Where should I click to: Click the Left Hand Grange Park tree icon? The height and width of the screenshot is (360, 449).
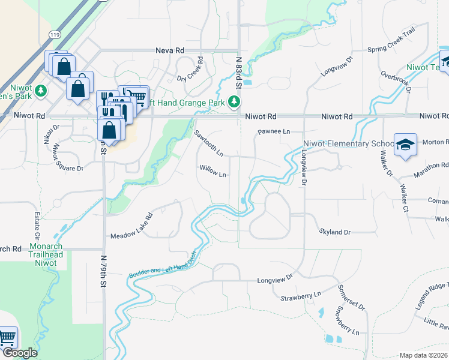[234, 103]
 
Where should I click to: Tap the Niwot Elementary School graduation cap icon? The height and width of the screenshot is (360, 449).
[405, 145]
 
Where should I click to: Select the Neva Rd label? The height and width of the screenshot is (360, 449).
[169, 51]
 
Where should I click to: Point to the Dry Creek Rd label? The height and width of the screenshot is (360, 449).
[190, 71]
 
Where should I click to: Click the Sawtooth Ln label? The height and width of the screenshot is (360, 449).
[209, 143]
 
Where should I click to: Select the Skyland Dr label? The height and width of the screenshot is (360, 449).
[334, 231]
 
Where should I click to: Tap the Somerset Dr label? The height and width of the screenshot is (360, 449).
[351, 298]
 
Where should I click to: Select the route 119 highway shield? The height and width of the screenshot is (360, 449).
[56, 35]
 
